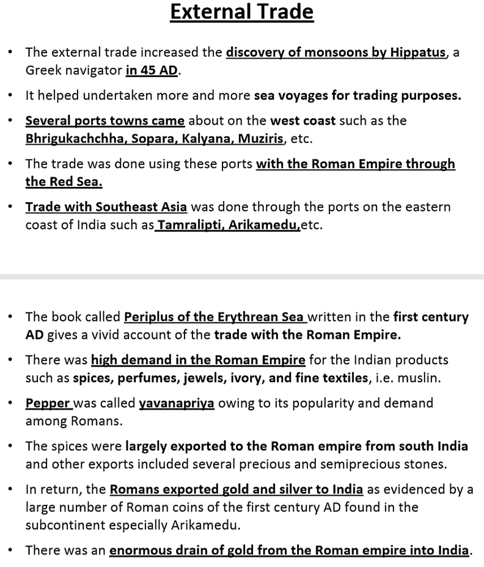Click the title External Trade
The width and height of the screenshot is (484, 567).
tap(241, 12)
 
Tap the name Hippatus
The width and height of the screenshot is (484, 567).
tap(417, 53)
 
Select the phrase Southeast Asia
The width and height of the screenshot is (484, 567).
tap(141, 207)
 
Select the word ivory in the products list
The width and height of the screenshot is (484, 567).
tap(247, 378)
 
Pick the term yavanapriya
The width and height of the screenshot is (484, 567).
tap(177, 404)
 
